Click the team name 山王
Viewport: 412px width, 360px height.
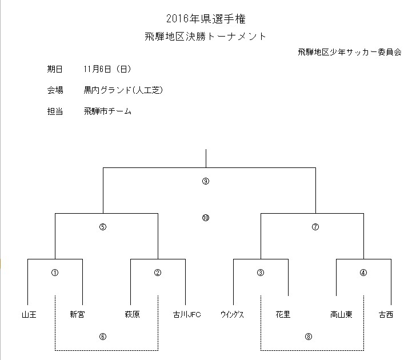pyautogui.click(x=29, y=314)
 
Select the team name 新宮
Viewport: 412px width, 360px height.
pyautogui.click(x=78, y=314)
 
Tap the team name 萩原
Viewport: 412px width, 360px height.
pyautogui.click(x=132, y=314)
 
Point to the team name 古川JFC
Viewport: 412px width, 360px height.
pyautogui.click(x=187, y=314)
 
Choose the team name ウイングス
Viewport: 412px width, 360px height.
pyautogui.click(x=232, y=314)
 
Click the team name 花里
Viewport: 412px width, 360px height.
pyautogui.click(x=283, y=314)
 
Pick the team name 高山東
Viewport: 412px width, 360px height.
pyautogui.click(x=341, y=314)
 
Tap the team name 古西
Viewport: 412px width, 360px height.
pyautogui.click(x=386, y=314)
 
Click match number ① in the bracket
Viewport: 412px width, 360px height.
pyautogui.click(x=55, y=273)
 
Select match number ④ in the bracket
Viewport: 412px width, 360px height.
pyautogui.click(x=363, y=273)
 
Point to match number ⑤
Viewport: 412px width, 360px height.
pyautogui.click(x=103, y=227)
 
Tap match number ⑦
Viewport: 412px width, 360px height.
pyautogui.click(x=315, y=227)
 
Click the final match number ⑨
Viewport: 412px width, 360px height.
pyautogui.click(x=206, y=181)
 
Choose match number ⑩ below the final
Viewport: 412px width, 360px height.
pyautogui.click(x=206, y=218)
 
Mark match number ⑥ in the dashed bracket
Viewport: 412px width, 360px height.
pyautogui.click(x=103, y=337)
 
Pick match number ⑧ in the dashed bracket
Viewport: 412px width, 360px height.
pyautogui.click(x=309, y=337)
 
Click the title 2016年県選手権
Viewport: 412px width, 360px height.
pyautogui.click(x=206, y=19)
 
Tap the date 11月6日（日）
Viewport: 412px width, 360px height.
pyautogui.click(x=107, y=69)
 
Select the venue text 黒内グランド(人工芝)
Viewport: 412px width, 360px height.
pyautogui.click(x=123, y=90)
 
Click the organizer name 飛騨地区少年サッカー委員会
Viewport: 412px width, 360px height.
pyautogui.click(x=350, y=52)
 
